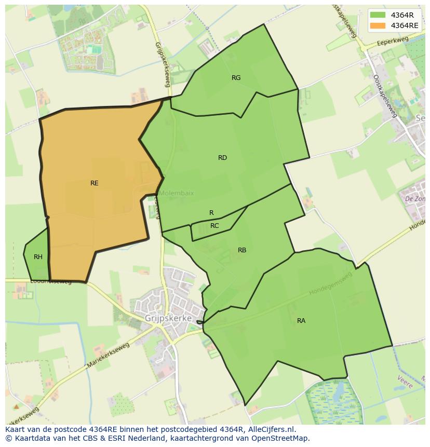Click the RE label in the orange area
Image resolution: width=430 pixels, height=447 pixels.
94,183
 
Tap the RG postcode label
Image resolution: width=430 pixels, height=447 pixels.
236,78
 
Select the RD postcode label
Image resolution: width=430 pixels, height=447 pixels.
222,158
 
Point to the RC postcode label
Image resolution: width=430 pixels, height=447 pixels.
214,226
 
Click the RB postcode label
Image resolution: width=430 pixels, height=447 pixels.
242,250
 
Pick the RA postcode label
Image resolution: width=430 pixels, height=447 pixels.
301,321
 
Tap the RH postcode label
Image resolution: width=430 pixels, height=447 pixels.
38,257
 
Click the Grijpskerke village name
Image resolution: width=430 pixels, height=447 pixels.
168,318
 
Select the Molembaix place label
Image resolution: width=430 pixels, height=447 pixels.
176,193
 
